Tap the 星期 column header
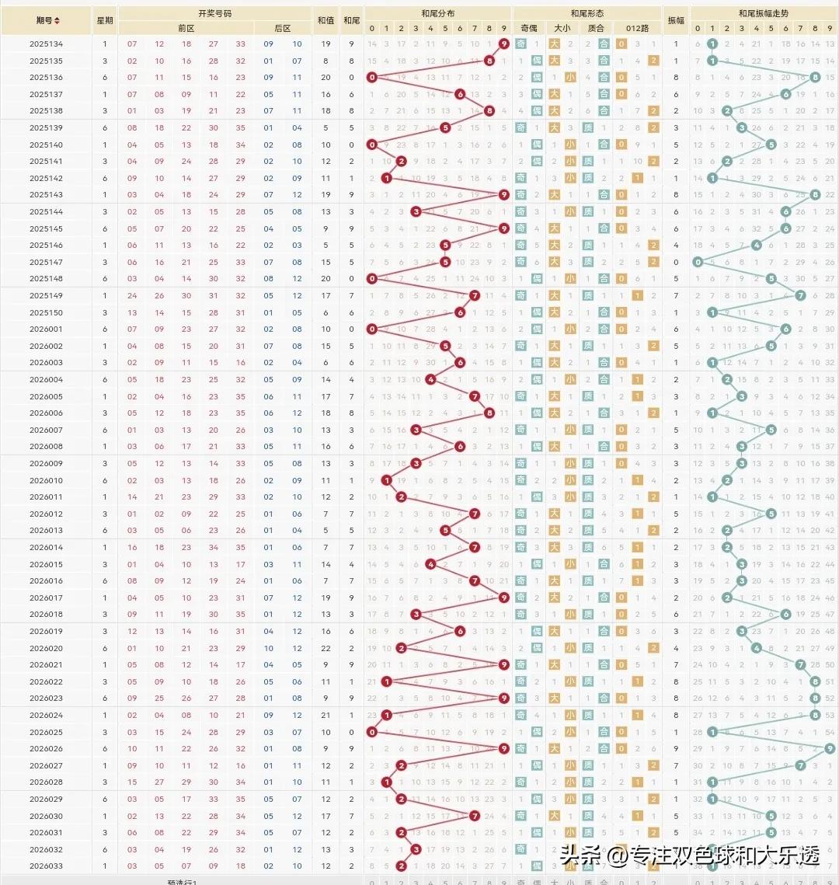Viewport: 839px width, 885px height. [104, 20]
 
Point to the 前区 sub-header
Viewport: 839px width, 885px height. [186, 28]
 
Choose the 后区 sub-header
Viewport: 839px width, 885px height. [283, 28]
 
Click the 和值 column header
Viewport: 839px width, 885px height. [326, 20]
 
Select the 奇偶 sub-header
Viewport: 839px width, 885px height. [528, 28]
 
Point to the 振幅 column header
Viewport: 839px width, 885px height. [676, 20]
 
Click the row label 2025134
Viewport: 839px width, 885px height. [47, 44]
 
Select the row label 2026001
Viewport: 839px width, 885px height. [47, 329]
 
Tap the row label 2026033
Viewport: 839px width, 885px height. [47, 866]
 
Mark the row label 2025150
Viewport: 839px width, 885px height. [47, 312]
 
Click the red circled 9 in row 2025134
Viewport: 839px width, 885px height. [504, 44]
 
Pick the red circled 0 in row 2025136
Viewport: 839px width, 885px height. [372, 78]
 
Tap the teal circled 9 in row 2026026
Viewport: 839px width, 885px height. [830, 748]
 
